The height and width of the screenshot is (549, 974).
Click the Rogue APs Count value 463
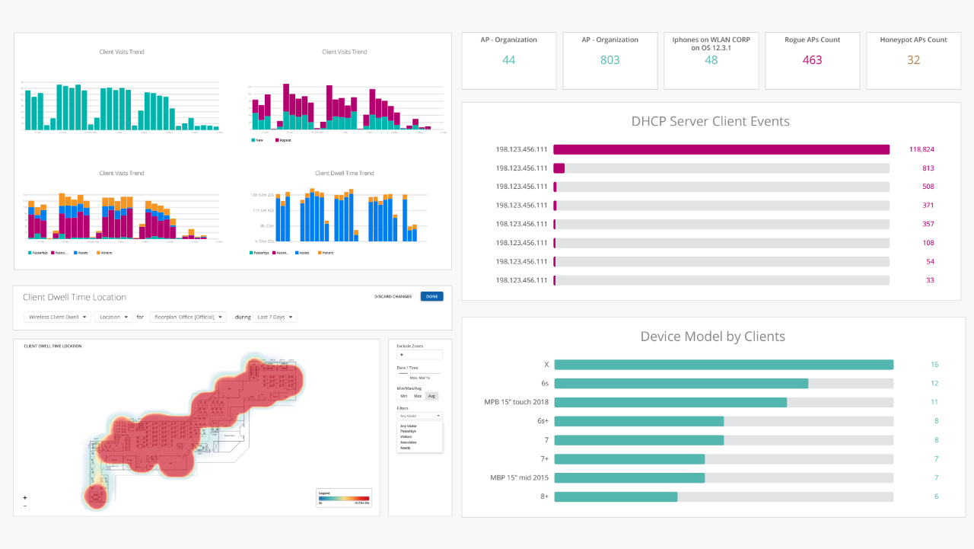point(812,60)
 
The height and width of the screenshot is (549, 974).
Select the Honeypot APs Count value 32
point(913,60)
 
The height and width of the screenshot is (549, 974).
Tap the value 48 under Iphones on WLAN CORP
point(711,60)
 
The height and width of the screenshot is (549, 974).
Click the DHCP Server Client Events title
point(710,121)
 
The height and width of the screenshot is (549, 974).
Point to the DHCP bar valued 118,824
point(721,149)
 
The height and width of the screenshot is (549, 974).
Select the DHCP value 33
point(930,280)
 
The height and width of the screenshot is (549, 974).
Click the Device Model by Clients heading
point(712,337)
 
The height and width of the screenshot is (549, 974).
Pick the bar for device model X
point(723,365)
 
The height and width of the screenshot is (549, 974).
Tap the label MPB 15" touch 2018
point(515,402)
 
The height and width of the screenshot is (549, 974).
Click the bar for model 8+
point(616,496)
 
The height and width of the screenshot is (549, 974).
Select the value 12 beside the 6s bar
point(934,384)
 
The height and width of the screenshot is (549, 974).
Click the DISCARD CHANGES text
point(393,296)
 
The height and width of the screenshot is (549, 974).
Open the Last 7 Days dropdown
point(275,317)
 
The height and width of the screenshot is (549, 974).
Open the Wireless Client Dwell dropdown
point(57,317)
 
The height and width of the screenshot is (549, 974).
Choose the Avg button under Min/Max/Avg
point(431,396)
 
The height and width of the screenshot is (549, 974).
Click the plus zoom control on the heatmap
point(25,497)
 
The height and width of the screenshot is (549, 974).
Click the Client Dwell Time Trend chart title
point(344,173)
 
